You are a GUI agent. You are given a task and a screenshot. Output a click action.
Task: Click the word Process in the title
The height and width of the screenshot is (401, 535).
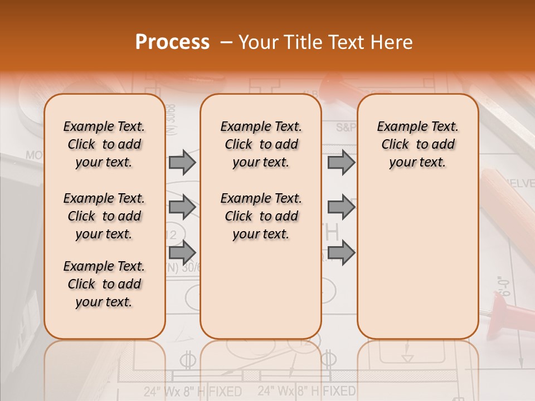pyautogui.click(x=172, y=42)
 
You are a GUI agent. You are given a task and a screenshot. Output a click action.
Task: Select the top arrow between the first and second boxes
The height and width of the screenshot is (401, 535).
pyautogui.click(x=182, y=162)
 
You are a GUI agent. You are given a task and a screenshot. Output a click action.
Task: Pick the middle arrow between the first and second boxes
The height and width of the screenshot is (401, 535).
pyautogui.click(x=182, y=207)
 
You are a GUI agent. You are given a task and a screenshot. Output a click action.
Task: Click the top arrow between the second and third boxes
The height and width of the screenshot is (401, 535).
pyautogui.click(x=341, y=162)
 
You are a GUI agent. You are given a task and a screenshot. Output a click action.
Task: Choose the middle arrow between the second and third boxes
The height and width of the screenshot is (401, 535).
pyautogui.click(x=341, y=207)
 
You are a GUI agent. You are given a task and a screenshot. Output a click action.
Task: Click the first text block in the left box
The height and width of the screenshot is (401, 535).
pyautogui.click(x=104, y=144)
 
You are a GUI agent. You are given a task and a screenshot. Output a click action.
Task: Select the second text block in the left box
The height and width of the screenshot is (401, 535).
pyautogui.click(x=104, y=216)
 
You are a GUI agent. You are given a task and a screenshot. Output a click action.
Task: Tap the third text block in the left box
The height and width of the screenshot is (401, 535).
pyautogui.click(x=104, y=284)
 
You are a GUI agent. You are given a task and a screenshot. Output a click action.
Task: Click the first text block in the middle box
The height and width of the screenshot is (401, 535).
pyautogui.click(x=261, y=144)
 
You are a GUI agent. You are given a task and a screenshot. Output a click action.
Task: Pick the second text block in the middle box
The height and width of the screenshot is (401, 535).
pyautogui.click(x=261, y=216)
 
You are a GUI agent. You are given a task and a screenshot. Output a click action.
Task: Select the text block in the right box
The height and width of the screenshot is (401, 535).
pyautogui.click(x=418, y=144)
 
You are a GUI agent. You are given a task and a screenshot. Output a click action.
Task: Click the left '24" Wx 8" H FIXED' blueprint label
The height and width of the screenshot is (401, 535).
pyautogui.click(x=192, y=391)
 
